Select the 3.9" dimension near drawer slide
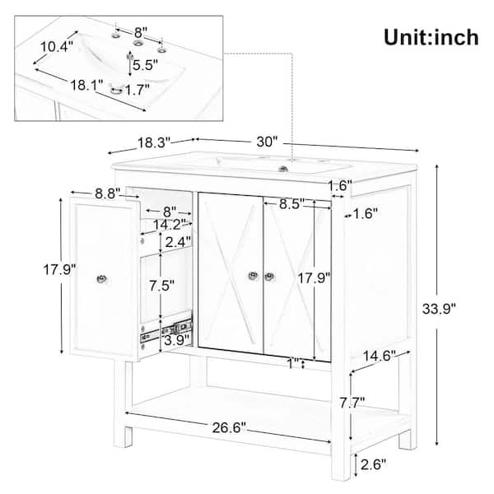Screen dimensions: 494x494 click(175, 339)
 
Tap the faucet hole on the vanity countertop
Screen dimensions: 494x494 click(285, 170)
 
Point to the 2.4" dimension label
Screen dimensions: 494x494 click(176, 241)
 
